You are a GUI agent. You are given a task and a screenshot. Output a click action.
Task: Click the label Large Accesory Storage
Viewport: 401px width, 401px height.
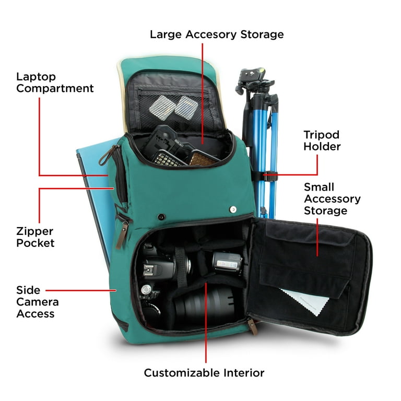[x=217, y=34]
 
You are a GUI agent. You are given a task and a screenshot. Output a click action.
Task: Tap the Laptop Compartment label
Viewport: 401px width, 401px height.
[x=55, y=82]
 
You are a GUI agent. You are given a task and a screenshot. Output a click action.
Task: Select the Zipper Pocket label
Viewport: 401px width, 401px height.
[x=36, y=237]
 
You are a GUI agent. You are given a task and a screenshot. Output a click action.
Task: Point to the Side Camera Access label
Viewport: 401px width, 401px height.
[x=38, y=302]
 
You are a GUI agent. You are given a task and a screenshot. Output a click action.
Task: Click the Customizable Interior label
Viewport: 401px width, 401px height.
[x=204, y=373]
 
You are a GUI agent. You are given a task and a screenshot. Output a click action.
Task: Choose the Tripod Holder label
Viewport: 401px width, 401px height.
[x=322, y=140]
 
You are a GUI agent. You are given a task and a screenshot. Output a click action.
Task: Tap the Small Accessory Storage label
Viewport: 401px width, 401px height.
[x=332, y=199]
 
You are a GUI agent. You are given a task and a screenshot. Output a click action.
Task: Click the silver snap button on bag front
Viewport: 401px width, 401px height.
[x=233, y=210]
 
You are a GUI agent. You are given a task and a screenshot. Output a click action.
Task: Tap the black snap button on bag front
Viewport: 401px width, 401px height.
[x=161, y=217]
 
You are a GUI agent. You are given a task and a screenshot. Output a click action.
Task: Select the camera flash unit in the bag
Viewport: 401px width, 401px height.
[x=227, y=263]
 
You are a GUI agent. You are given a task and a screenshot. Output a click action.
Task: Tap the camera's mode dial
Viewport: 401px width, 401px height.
[x=146, y=290]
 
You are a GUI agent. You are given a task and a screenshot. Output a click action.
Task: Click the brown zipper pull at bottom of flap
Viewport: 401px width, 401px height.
[x=252, y=327]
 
